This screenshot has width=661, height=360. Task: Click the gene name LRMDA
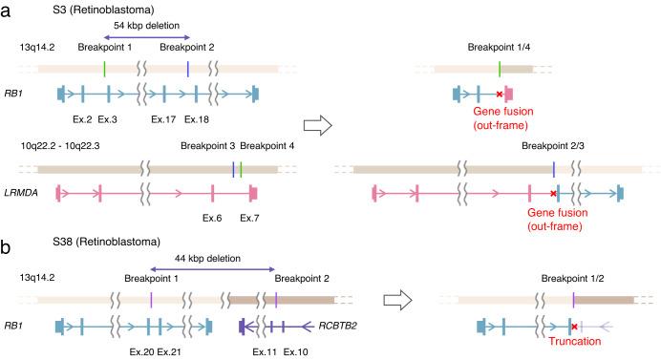pos(34,193)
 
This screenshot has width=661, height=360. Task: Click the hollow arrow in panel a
pos(317,125)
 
